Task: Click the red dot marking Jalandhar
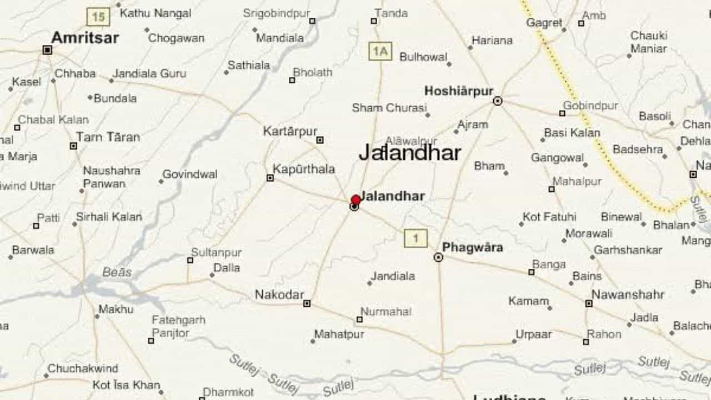(356, 200)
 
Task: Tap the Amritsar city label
(85, 38)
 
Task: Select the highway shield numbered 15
(98, 17)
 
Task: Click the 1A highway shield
(380, 52)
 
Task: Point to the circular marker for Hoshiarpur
(498, 101)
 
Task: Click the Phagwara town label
(473, 247)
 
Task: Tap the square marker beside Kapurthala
(270, 178)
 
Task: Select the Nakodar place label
(279, 295)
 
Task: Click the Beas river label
(117, 272)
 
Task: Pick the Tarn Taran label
(108, 137)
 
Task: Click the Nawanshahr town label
(628, 294)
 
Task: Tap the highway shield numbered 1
(415, 239)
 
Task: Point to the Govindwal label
(189, 174)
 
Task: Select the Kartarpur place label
(290, 132)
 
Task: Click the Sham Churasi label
(389, 108)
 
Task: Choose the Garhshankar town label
(628, 250)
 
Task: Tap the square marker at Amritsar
(47, 50)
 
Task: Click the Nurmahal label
(386, 312)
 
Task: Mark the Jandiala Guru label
(149, 73)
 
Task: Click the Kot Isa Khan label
(126, 385)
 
